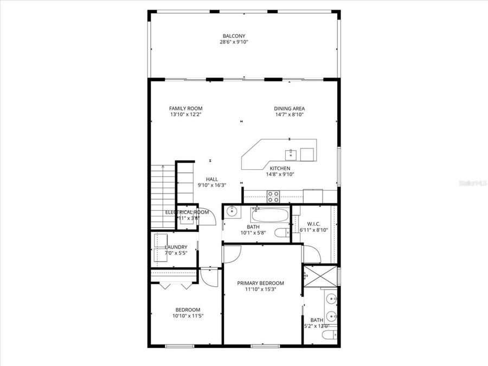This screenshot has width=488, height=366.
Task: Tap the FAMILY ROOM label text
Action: click(x=185, y=108)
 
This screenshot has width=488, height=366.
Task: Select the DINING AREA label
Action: click(x=289, y=108)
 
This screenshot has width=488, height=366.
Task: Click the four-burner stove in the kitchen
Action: click(x=273, y=196)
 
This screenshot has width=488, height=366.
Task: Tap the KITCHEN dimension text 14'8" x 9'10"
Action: click(x=279, y=175)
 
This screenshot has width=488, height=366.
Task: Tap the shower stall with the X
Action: click(x=320, y=277)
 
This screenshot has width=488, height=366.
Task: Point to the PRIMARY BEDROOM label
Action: click(x=261, y=283)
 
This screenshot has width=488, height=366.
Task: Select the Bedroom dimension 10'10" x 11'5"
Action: click(x=188, y=316)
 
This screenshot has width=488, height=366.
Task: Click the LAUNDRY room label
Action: click(x=176, y=247)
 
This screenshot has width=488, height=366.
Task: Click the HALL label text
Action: click(x=211, y=179)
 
